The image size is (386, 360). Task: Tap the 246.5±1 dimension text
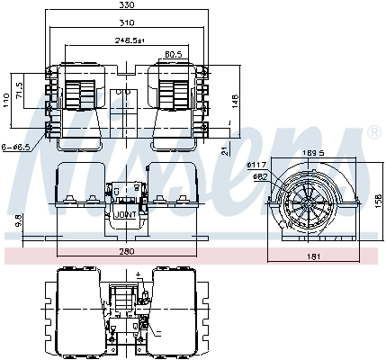coord(130,40)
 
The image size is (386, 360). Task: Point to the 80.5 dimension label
coord(174,55)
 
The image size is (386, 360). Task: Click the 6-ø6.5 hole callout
coord(15,147)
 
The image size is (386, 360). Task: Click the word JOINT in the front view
coord(125,216)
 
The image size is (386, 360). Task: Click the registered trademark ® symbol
coord(373,133)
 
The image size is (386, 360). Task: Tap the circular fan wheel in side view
coord(304,202)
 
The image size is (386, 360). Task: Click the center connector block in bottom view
coord(125,298)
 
